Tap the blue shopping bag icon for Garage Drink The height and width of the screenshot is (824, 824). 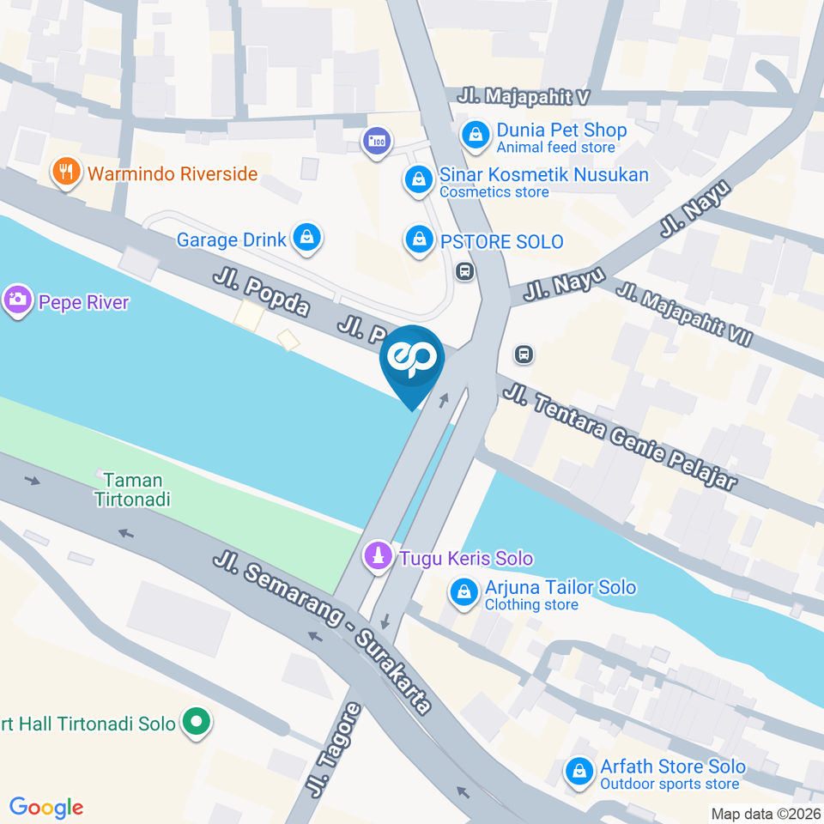click(x=306, y=239)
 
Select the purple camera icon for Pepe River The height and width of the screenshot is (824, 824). click(x=16, y=301)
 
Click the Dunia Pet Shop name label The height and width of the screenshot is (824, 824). click(x=561, y=130)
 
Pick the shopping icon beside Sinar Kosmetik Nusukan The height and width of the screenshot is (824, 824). click(x=417, y=179)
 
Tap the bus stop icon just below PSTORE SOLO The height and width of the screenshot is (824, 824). click(x=465, y=272)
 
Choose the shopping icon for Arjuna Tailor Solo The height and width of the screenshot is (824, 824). click(x=464, y=592)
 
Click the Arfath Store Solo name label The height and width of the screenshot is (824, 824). click(x=672, y=766)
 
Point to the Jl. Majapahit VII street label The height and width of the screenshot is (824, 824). click(x=683, y=314)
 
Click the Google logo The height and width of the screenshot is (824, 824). click(x=46, y=807)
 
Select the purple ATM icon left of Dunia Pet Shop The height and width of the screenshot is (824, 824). click(x=376, y=141)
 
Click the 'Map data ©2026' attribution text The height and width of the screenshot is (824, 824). click(x=765, y=813)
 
